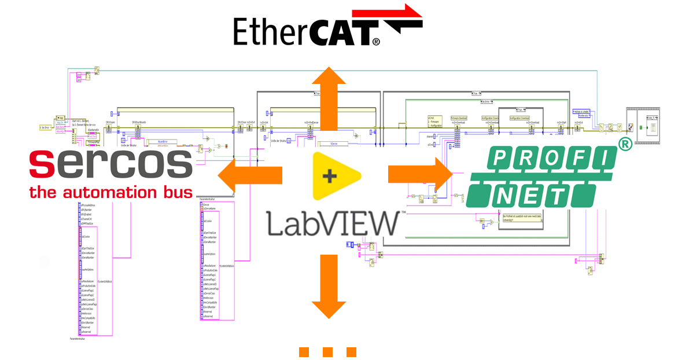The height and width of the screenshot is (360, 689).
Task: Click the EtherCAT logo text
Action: [307, 32]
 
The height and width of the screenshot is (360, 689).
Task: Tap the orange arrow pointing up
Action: [329, 98]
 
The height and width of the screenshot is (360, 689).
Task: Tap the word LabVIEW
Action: [332, 224]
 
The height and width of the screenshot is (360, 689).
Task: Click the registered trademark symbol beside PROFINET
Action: [624, 145]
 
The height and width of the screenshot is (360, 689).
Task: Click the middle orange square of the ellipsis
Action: [327, 351]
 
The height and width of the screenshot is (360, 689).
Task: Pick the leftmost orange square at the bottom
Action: [304, 351]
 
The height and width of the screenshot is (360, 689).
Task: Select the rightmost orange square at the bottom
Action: [351, 351]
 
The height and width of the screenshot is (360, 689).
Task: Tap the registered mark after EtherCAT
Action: [376, 42]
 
